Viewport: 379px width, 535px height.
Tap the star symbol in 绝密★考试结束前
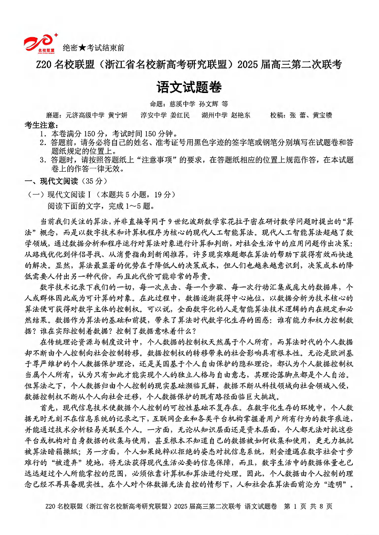pos(82,48)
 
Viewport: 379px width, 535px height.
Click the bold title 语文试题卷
pos(189,88)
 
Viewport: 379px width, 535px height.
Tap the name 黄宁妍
pos(117,115)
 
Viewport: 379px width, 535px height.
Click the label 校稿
pos(276,115)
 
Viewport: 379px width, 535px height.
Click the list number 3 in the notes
pos(42,160)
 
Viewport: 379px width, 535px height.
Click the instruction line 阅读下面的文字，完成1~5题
pos(99,206)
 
